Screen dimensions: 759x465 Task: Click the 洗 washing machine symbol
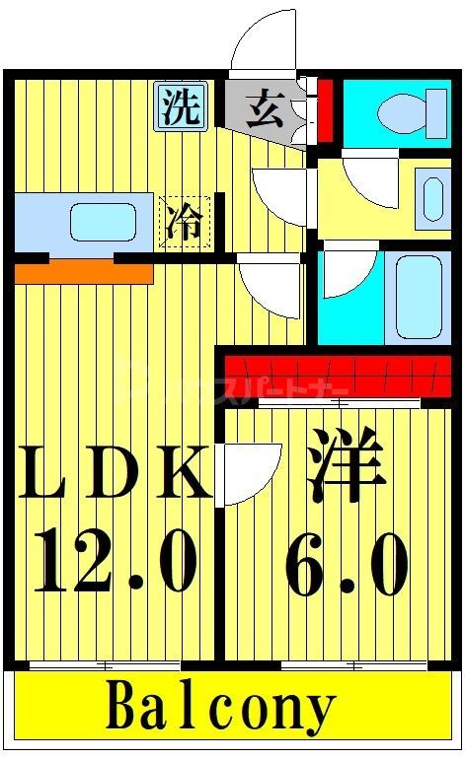[x=181, y=106]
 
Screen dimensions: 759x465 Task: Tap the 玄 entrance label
[x=266, y=107]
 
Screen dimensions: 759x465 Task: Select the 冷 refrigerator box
[x=185, y=221]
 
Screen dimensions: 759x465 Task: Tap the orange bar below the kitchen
[x=83, y=270]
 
